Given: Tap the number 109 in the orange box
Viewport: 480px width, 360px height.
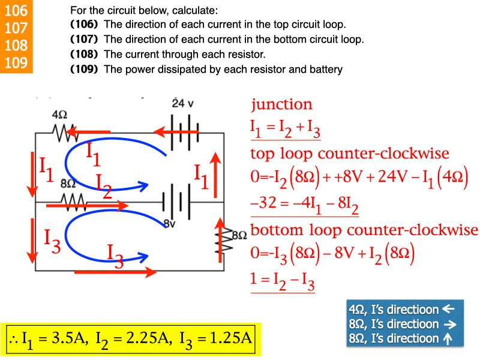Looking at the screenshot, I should pos(16,62).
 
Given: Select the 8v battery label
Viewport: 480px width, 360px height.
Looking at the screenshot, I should pos(170,223).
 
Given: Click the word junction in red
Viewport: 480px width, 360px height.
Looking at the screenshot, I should pos(281,104).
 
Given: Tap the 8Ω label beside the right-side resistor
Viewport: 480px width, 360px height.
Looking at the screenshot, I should pos(239,235).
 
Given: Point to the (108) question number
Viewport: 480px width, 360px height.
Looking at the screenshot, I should pos(84,54).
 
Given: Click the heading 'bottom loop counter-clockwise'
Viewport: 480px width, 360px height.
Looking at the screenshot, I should pos(364,230).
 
